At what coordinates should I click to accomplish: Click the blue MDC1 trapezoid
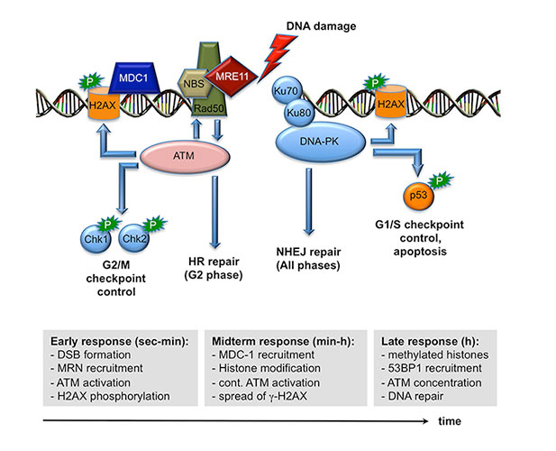click(x=134, y=78)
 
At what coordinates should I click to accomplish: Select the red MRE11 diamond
click(x=231, y=77)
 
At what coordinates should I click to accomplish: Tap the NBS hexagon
click(x=193, y=84)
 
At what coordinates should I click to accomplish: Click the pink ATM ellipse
click(x=185, y=156)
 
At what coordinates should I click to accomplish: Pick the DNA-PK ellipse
click(x=320, y=142)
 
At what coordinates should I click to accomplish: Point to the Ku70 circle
click(x=287, y=90)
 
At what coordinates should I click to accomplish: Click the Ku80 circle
click(x=299, y=113)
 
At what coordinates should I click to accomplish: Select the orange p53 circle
click(x=418, y=196)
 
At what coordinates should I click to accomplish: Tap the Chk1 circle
click(x=96, y=238)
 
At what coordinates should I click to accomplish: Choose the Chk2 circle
click(x=133, y=238)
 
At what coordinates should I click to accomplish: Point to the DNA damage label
click(x=321, y=26)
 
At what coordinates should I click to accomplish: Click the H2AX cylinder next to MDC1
click(x=103, y=104)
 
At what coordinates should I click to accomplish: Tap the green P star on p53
click(x=440, y=181)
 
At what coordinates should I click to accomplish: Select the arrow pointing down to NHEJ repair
click(x=309, y=201)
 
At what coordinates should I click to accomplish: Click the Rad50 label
click(x=208, y=108)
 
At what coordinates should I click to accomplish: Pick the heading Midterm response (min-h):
click(x=283, y=341)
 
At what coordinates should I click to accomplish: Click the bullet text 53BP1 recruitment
click(x=434, y=368)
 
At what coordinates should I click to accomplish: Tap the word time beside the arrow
click(x=450, y=421)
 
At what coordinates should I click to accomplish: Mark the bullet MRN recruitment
click(x=100, y=368)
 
